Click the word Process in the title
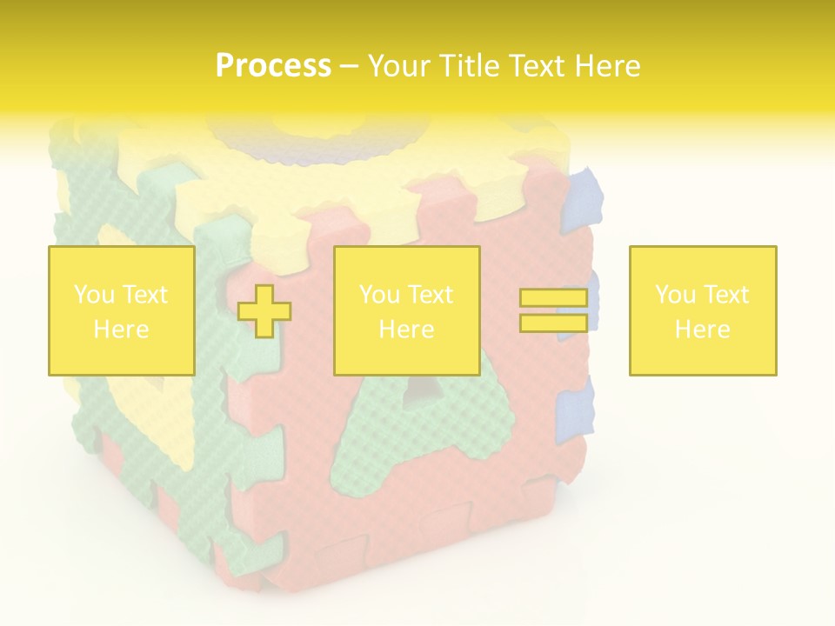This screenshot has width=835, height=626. (273, 66)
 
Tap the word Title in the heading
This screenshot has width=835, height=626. (467, 66)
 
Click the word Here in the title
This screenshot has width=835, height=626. (608, 66)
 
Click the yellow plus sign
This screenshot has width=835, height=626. (264, 311)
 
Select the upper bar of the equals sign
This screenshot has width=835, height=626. (553, 298)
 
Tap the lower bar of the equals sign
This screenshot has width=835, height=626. (553, 323)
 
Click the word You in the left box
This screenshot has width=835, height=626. (94, 295)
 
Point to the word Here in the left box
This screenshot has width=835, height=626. (121, 330)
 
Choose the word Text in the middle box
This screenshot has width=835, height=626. (431, 295)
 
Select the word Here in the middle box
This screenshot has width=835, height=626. (406, 330)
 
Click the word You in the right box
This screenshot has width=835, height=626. (675, 295)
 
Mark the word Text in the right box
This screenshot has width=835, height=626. (727, 295)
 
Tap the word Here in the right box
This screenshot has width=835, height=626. (702, 330)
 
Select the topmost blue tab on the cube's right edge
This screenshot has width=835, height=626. (583, 201)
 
